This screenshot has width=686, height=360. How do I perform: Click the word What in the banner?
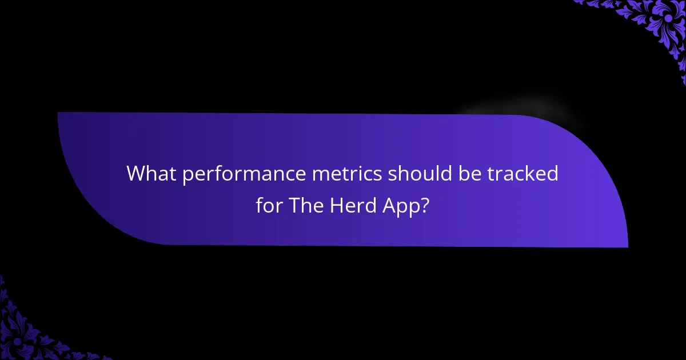pyautogui.click(x=150, y=174)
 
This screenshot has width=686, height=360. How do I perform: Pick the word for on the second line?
pyautogui.click(x=269, y=206)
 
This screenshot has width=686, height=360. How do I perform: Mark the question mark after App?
pyautogui.click(x=425, y=206)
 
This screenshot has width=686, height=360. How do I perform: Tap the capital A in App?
pyautogui.click(x=389, y=206)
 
